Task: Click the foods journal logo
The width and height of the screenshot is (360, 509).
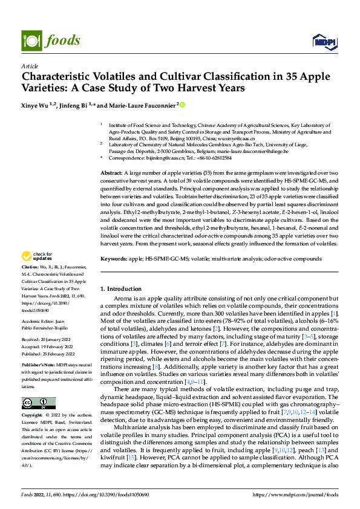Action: coord(51,41)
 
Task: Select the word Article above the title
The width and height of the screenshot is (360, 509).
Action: coord(29,65)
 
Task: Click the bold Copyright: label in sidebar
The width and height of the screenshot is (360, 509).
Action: coord(33,417)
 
